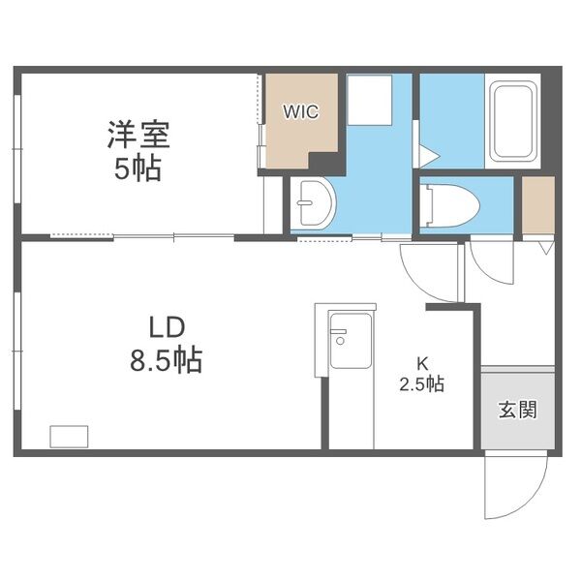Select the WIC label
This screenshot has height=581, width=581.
[x=299, y=110]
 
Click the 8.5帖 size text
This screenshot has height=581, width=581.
[x=167, y=361]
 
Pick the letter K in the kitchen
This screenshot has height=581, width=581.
[x=422, y=364]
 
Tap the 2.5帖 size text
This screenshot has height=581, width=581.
[x=422, y=384]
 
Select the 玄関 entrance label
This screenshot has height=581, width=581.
[x=517, y=409]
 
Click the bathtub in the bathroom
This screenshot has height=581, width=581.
[x=513, y=124]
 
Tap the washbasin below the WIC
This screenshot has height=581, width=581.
[x=313, y=204]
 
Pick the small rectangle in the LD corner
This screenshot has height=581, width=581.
[x=69, y=437]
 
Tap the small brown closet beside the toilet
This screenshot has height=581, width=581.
[x=537, y=205]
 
